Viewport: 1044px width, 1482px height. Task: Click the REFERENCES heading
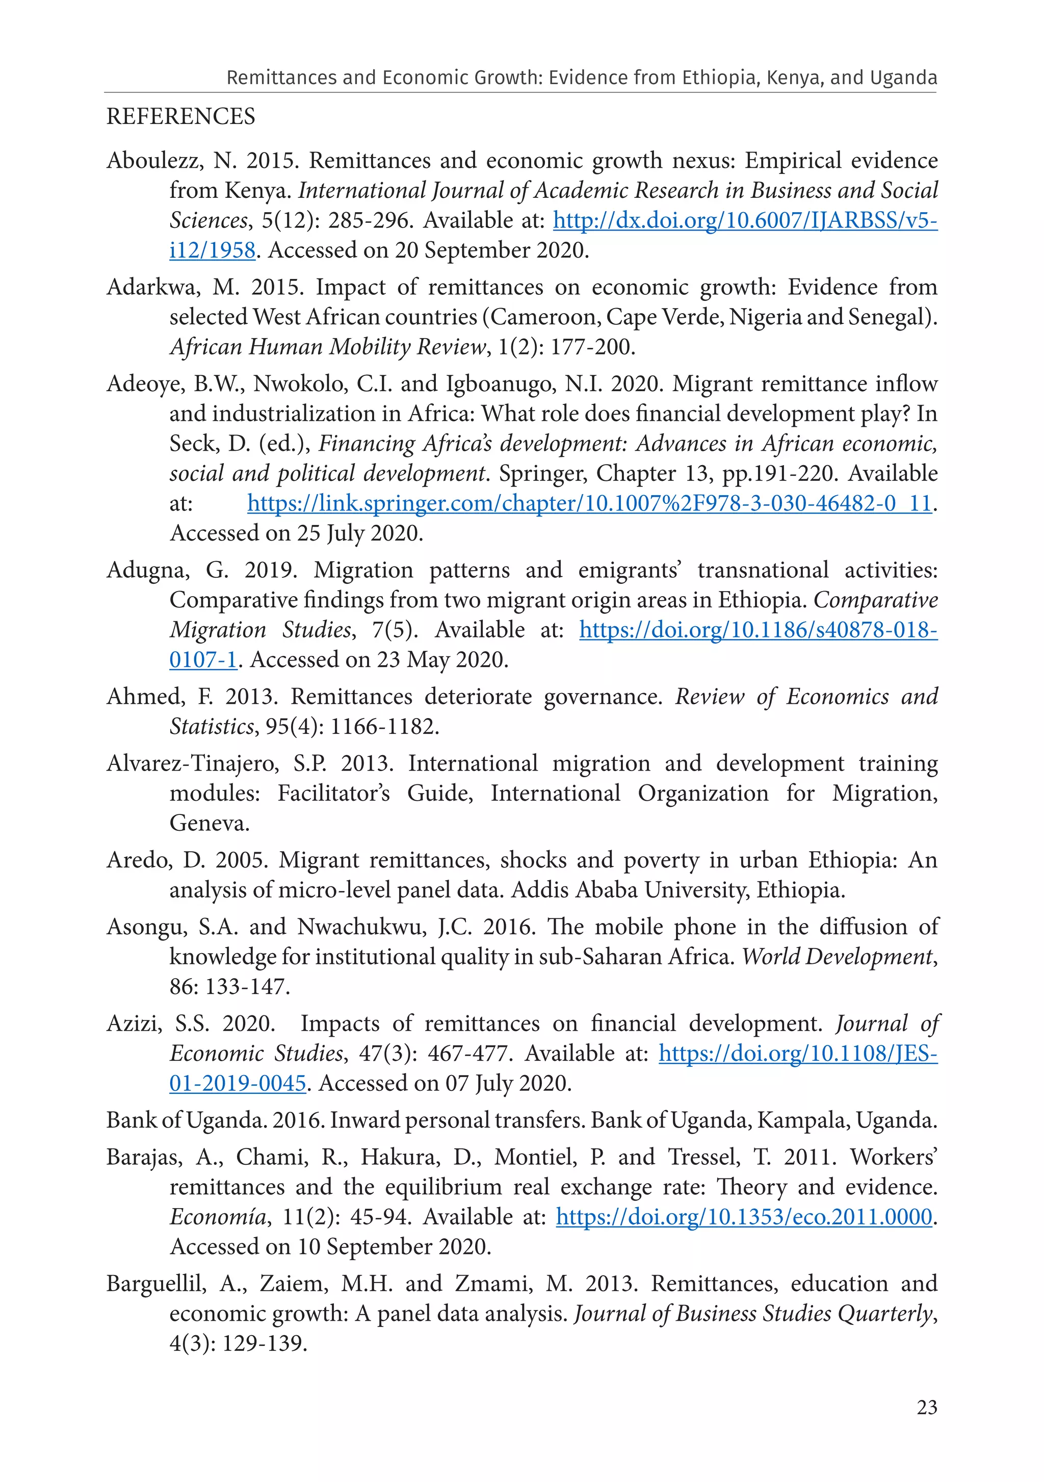coord(180,117)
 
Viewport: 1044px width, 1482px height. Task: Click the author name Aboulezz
coord(153,160)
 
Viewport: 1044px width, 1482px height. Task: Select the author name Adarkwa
coord(153,287)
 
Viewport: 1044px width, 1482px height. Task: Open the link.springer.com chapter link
coord(590,503)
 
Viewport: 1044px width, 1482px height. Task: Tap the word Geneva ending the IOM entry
coord(208,823)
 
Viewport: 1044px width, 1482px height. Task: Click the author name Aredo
coord(138,860)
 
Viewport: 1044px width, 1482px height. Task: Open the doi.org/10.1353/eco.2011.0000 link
coord(744,1217)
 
